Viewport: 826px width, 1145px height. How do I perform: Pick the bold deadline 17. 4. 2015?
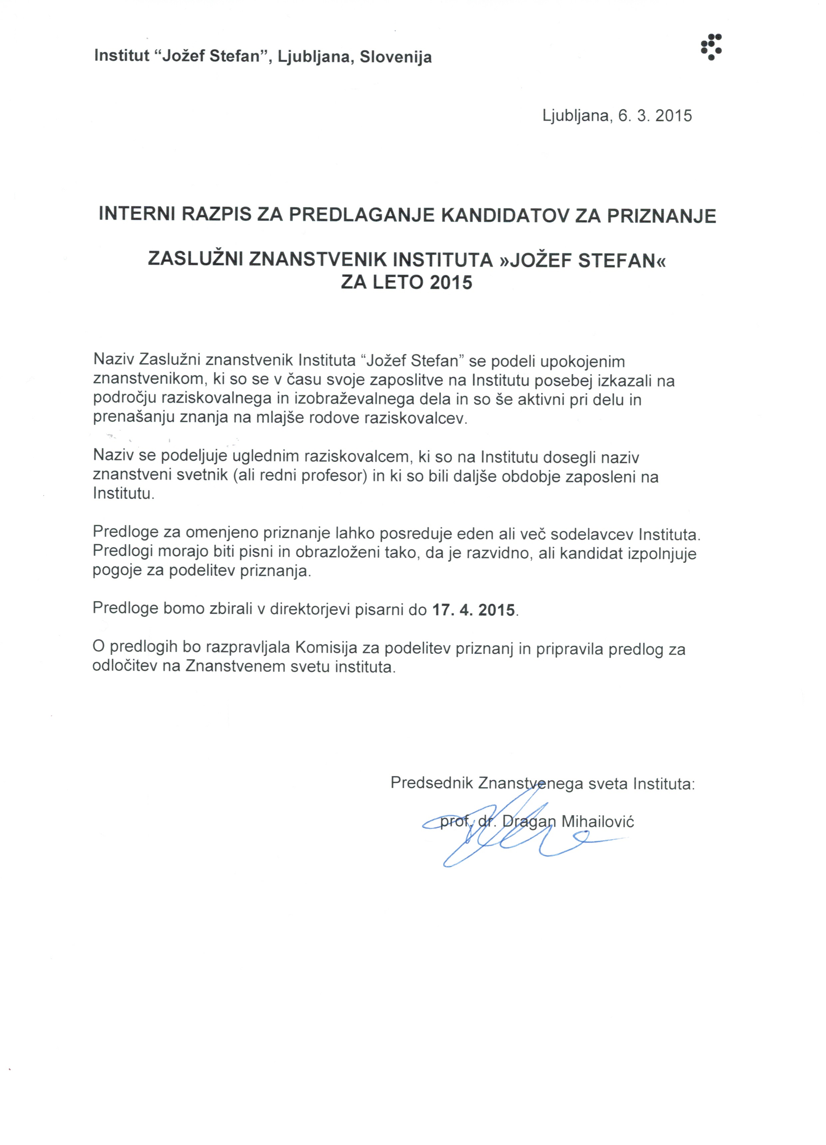474,609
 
